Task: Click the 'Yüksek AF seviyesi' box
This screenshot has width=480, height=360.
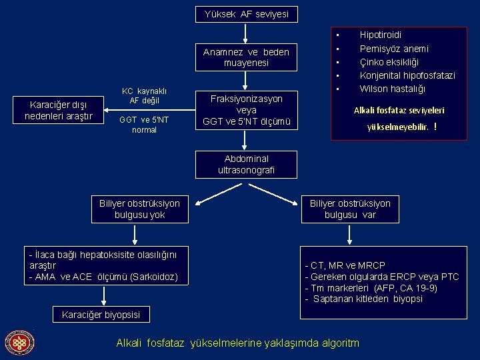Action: [x=247, y=14]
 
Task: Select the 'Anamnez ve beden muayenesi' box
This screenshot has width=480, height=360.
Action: [x=247, y=57]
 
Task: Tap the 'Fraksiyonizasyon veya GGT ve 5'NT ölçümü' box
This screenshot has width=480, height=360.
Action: [x=247, y=110]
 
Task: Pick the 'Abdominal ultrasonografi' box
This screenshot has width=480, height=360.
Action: [x=247, y=165]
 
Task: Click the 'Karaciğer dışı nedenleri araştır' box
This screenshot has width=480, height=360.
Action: [x=59, y=111]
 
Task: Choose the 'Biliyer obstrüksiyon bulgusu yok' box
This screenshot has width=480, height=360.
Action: [x=139, y=209]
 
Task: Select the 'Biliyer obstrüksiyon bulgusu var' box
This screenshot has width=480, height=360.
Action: [x=350, y=209]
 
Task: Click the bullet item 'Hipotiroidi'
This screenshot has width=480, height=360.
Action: [x=381, y=34]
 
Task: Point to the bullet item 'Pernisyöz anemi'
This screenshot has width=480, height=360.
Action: [x=394, y=49]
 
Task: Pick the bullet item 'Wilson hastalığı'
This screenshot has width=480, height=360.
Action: [x=393, y=89]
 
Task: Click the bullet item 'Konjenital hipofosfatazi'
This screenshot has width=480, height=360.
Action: [x=407, y=75]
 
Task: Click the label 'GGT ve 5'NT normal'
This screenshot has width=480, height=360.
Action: [x=144, y=125]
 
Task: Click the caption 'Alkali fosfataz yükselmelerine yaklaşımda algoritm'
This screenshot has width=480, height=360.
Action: [x=237, y=343]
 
